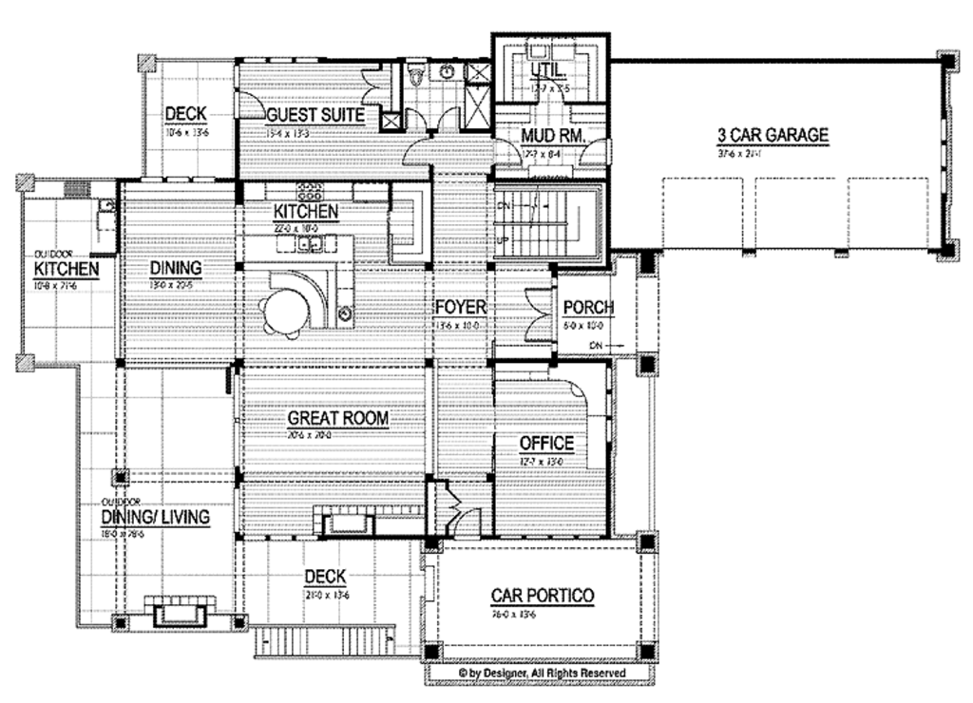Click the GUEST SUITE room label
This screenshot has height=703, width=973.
[x=301, y=115]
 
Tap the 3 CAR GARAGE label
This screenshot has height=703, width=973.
[x=773, y=135]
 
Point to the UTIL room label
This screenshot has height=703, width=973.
[x=548, y=71]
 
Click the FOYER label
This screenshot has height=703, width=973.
[x=461, y=307]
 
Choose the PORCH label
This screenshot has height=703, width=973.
[x=588, y=307]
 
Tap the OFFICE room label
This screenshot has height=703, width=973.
[x=545, y=443]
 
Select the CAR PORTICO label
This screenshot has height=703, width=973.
[x=542, y=596]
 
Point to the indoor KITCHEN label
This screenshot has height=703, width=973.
[x=305, y=210]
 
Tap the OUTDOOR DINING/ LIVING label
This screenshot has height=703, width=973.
[x=156, y=516]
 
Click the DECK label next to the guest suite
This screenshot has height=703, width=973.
[x=185, y=115]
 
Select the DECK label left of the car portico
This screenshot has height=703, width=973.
[x=324, y=577]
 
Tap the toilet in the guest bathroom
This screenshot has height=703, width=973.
[x=414, y=74]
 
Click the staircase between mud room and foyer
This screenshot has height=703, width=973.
[x=543, y=221]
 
